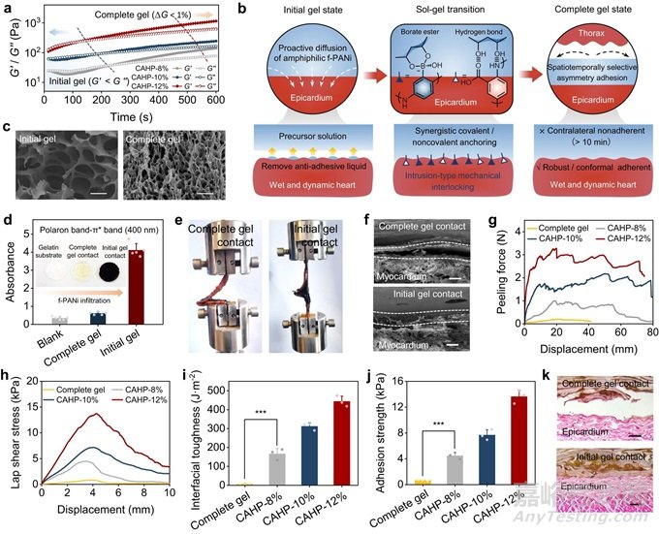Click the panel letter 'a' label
(7, 8)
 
